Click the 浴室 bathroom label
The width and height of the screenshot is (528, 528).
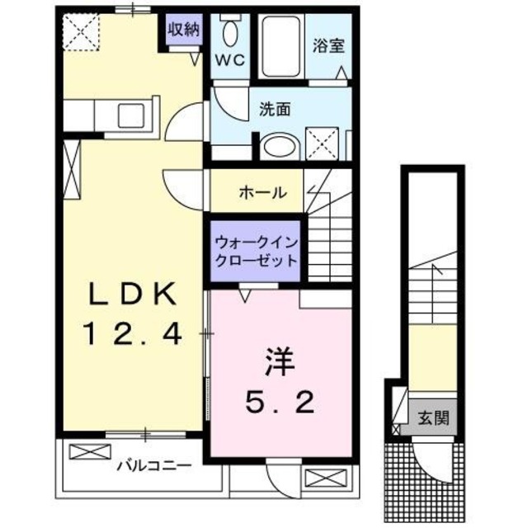coord(328,46)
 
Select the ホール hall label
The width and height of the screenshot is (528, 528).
coord(262,193)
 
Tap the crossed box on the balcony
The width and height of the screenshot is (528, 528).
coord(88,452)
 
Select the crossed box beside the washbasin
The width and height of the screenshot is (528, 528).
coord(326,143)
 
